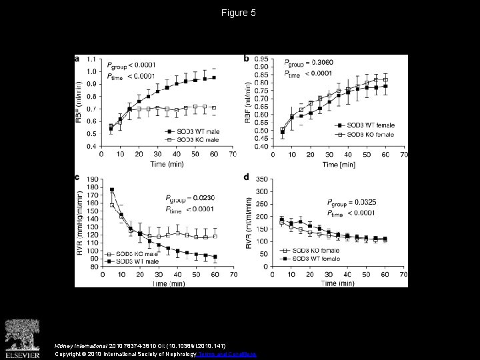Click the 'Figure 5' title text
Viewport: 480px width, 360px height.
point(239,13)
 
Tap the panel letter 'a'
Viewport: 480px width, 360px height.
point(77,59)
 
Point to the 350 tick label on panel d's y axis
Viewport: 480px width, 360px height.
point(262,179)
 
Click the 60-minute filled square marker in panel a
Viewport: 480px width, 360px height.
point(214,77)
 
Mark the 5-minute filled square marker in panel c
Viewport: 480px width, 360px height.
point(111,190)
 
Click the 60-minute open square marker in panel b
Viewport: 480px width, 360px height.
point(385,80)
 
